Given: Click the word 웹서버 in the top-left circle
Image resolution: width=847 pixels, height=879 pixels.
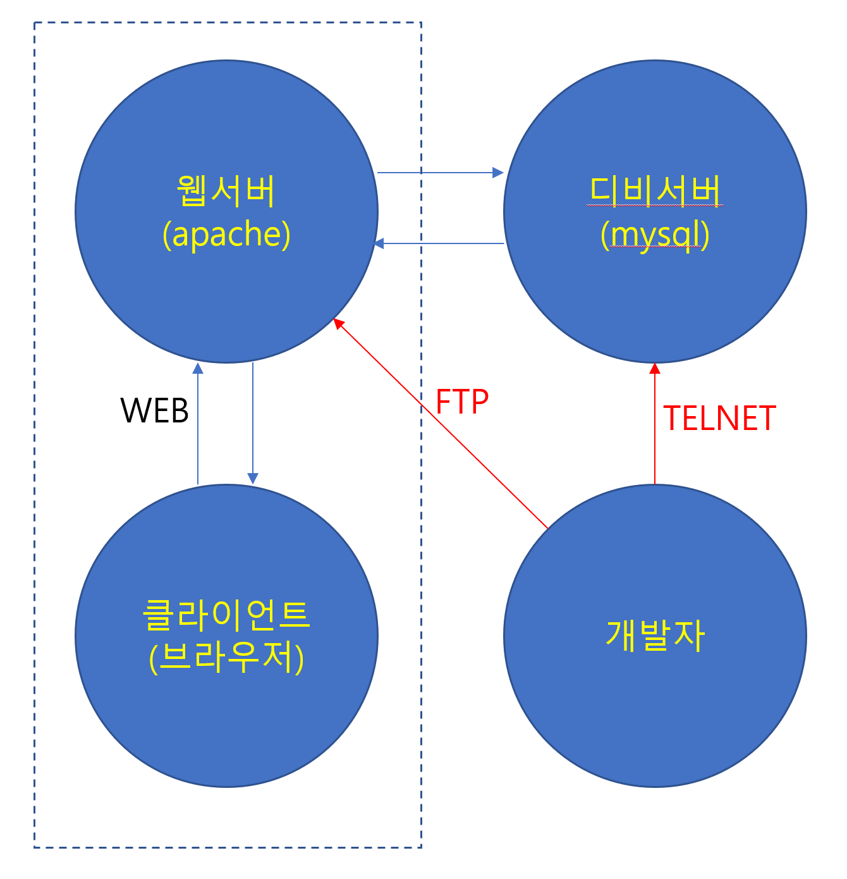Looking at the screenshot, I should click(226, 190).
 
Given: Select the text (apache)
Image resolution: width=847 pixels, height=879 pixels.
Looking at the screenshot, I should click(226, 235).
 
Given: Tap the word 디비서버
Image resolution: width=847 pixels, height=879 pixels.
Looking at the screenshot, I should click(655, 190).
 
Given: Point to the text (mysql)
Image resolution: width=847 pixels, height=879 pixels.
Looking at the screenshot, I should click(655, 235).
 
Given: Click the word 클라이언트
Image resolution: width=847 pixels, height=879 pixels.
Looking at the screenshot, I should click(226, 614).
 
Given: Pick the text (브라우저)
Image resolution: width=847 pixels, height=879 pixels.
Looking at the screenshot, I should click(226, 658).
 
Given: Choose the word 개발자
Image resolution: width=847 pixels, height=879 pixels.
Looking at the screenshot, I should click(655, 635).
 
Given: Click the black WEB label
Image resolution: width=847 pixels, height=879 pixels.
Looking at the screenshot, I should click(155, 410).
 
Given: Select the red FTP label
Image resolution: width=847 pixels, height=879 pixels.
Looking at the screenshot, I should click(462, 402).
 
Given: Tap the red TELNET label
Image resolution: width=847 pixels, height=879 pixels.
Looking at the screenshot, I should click(719, 418).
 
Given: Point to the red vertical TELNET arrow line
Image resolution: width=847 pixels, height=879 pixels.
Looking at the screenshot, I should click(655, 430).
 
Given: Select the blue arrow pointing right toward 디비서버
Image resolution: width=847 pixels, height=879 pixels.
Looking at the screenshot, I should click(436, 172).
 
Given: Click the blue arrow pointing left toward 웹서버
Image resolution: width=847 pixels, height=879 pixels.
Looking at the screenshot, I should click(442, 243).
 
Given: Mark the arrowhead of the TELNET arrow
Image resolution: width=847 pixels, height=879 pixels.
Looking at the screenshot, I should click(655, 368).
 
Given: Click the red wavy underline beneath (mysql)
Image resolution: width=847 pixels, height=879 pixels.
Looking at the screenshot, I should click(655, 250).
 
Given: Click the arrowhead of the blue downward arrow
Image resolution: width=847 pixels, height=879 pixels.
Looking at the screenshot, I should click(253, 479).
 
